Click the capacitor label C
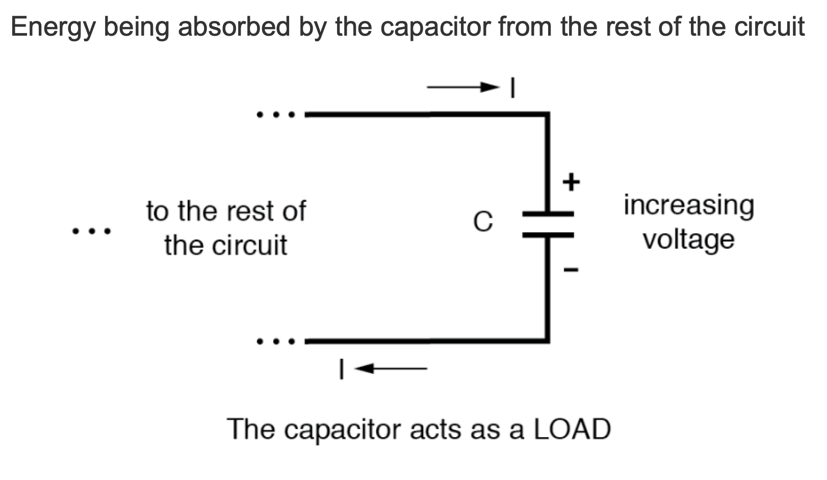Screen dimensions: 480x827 point(482,222)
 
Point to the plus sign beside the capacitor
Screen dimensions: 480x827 point(571,182)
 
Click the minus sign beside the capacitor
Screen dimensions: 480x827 point(571,270)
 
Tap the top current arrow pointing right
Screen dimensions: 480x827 point(463,88)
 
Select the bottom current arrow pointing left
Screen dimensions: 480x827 point(391,368)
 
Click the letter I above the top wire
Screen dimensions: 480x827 point(513,88)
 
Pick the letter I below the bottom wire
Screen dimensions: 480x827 point(341,368)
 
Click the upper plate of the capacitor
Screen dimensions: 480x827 point(548,214)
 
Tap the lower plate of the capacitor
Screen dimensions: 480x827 point(548,235)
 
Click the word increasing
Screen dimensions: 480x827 point(688,206)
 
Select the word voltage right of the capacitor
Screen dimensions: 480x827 point(688,239)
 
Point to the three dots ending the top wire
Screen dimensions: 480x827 point(276,115)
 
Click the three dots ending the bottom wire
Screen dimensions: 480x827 point(276,341)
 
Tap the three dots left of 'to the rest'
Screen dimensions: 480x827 point(91,232)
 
